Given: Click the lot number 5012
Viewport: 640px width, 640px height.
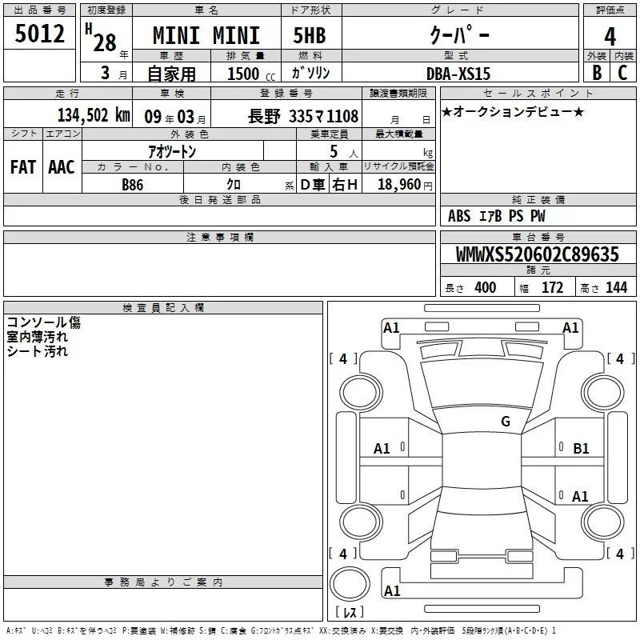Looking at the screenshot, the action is pos(39,34).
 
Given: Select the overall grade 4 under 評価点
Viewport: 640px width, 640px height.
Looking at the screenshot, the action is pos(610,37).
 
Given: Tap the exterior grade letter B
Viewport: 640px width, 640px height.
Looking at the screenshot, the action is pos(597,73).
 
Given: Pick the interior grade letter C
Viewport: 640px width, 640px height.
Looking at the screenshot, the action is pos(622,73).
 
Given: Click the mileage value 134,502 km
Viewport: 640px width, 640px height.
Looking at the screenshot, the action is pos(94,115).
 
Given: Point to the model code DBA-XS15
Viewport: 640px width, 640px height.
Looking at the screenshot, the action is pos(458,74).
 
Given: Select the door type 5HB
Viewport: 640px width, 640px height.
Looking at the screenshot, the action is pos(310,35).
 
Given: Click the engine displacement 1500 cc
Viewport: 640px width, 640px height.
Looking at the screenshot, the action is pos(251,74).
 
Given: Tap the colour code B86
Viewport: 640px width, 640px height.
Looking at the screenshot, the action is pos(133,185).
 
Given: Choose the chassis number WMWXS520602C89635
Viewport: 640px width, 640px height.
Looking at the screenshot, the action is pos(537,254).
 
